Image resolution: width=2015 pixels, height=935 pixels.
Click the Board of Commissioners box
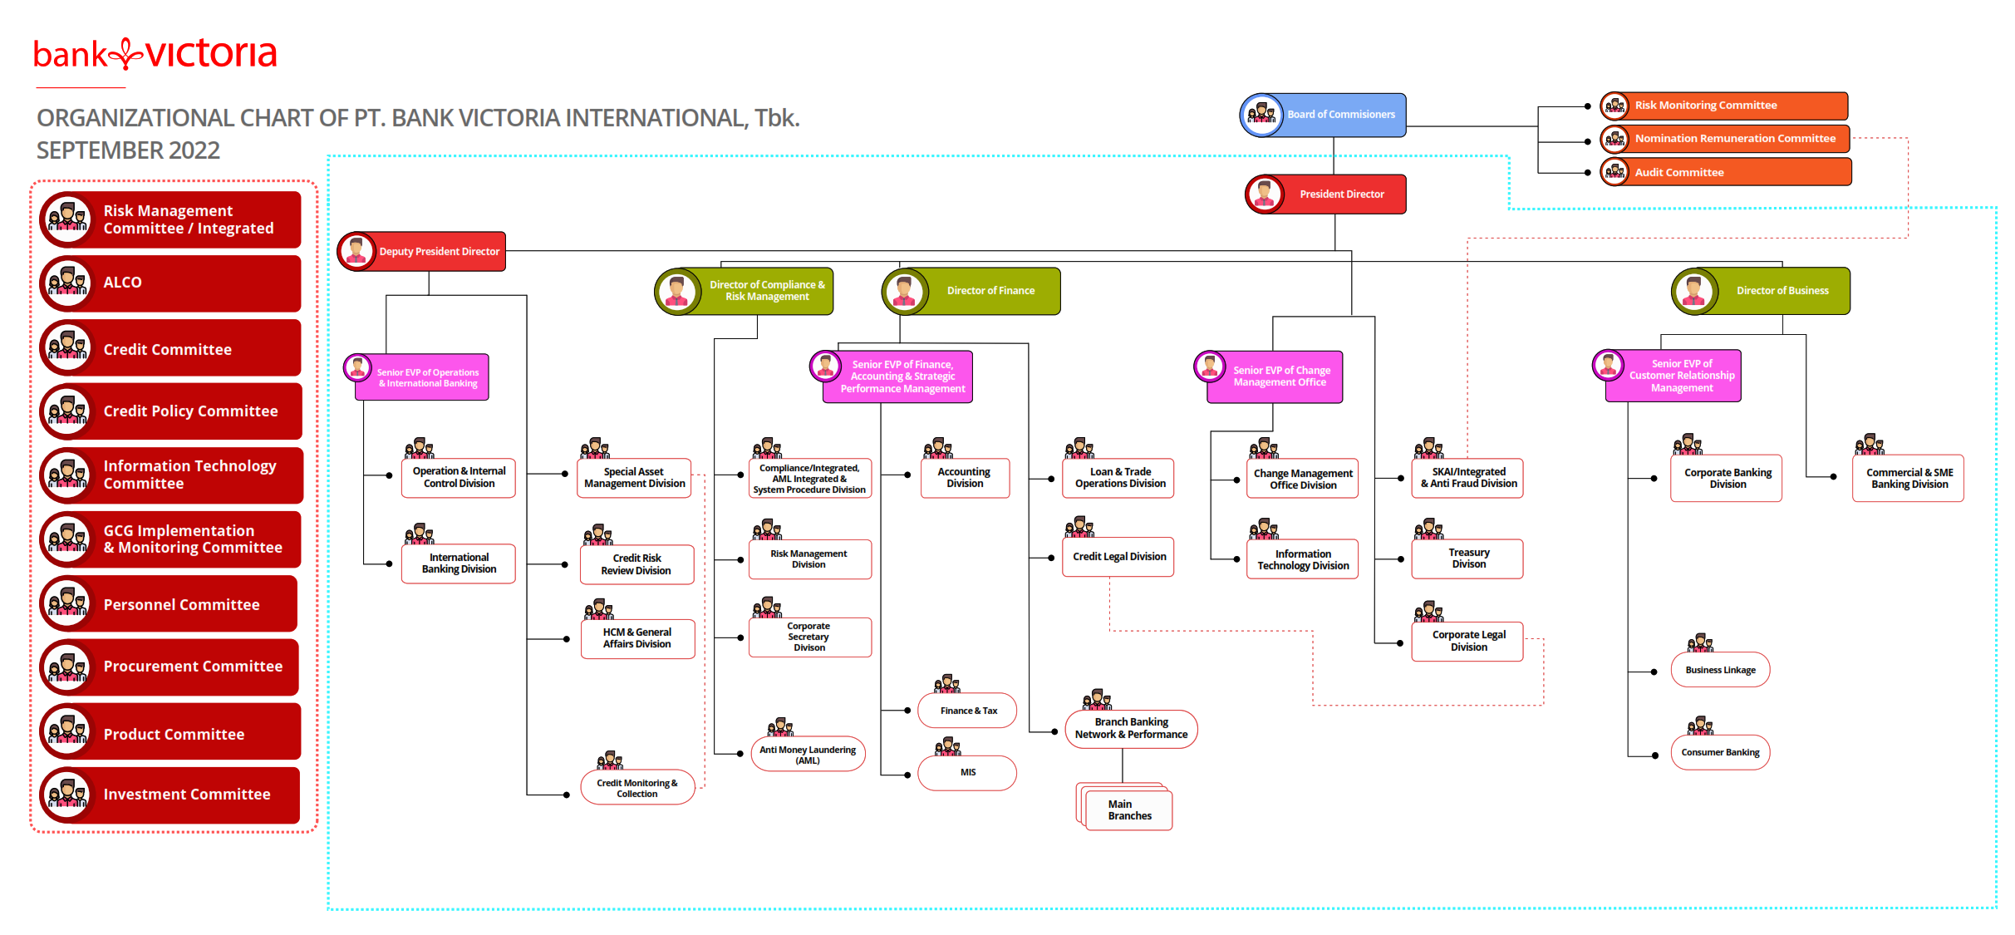(1323, 115)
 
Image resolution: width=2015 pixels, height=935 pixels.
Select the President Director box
(1325, 194)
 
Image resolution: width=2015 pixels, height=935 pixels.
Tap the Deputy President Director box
(421, 251)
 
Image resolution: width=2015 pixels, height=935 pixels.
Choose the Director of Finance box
(971, 291)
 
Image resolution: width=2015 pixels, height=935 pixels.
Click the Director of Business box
(1761, 291)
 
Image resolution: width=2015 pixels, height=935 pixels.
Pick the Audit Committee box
(1726, 172)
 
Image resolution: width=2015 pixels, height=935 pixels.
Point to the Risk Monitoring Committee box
(1724, 106)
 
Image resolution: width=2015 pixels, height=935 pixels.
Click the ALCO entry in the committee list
(170, 283)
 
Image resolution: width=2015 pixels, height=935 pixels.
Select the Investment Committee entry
(170, 795)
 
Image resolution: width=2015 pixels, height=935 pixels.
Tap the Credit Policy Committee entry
(170, 411)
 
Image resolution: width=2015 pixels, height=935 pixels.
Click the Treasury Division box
(1467, 559)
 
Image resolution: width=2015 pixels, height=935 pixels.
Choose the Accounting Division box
(965, 478)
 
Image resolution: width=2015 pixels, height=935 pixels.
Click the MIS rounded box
(967, 773)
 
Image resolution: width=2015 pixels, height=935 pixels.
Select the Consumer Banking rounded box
(1720, 753)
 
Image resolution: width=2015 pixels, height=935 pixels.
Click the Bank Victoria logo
(155, 54)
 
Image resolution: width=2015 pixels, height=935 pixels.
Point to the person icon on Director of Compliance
(677, 292)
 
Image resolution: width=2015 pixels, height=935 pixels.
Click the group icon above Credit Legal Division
(1079, 527)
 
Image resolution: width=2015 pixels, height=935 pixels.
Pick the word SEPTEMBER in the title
(100, 150)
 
